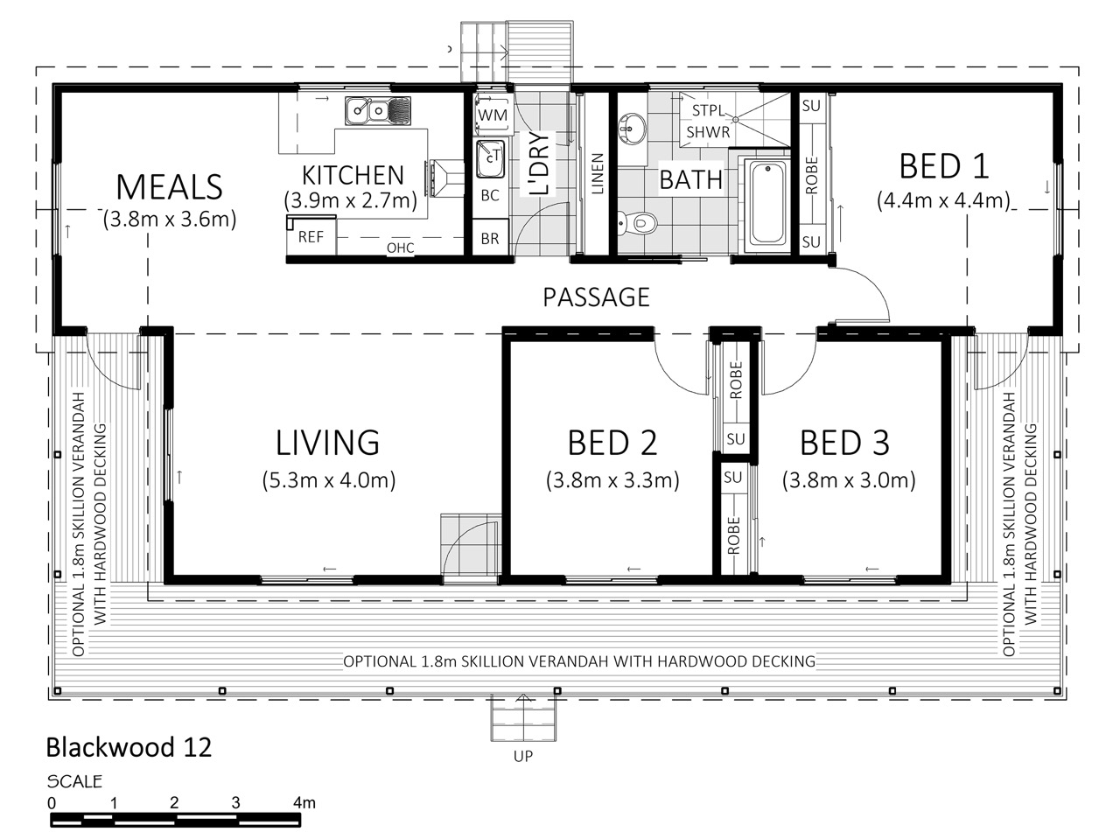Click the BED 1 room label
[943, 166]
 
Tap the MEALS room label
[169, 187]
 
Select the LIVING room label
[327, 443]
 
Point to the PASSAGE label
[596, 297]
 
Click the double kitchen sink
[378, 110]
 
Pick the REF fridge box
[311, 235]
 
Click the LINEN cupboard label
[598, 174]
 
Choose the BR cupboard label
[490, 238]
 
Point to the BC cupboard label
[490, 195]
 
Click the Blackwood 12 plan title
[129, 747]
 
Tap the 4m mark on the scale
[304, 802]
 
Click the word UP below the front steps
[523, 756]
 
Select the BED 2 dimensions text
[612, 480]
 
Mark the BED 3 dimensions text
[849, 480]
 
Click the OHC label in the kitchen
[401, 248]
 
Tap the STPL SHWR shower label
[708, 121]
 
